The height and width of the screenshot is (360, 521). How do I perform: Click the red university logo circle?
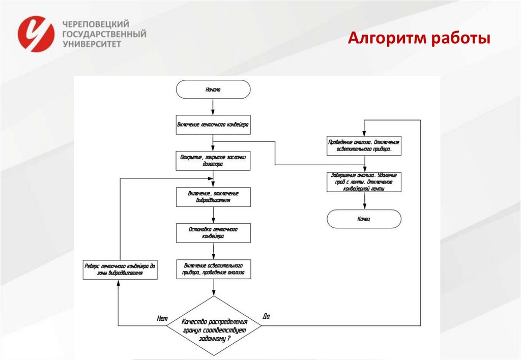36,34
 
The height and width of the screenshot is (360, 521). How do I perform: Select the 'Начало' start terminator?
213,89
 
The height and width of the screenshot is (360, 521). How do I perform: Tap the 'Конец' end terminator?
364,219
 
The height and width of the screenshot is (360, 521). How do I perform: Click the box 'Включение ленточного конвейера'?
213,125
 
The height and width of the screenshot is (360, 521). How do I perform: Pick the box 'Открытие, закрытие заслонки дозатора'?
213,161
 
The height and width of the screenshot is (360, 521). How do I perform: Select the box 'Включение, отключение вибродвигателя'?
213,197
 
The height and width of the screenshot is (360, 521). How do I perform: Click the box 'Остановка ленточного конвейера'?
213,233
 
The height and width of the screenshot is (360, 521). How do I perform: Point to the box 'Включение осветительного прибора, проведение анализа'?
213,269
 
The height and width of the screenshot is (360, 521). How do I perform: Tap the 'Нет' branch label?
162,318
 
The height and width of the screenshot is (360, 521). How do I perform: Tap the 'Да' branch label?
266,316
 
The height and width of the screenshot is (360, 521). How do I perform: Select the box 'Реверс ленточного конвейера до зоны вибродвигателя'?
120,269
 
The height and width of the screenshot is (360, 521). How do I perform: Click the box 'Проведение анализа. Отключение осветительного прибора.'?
364,146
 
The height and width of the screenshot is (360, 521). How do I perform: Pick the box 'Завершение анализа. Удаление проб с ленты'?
364,182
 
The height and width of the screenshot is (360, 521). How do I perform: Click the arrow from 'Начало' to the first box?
213,106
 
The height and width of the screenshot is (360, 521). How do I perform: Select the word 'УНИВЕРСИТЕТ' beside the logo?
92,44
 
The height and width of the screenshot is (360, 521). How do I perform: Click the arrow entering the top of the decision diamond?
213,288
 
